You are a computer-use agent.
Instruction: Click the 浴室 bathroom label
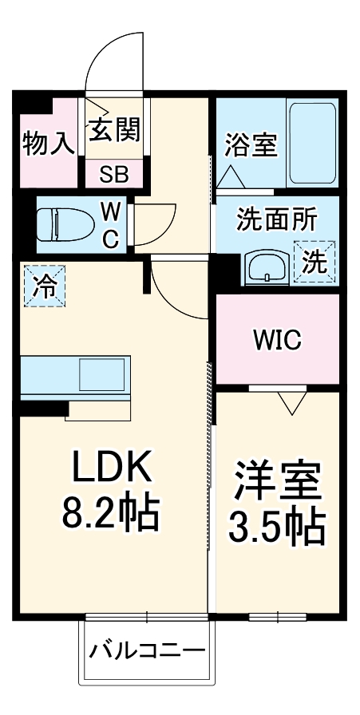(x=251, y=146)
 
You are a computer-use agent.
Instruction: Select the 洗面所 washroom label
(x=275, y=220)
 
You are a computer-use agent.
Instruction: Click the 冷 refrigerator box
(x=42, y=285)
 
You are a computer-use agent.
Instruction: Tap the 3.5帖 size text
(x=277, y=525)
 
